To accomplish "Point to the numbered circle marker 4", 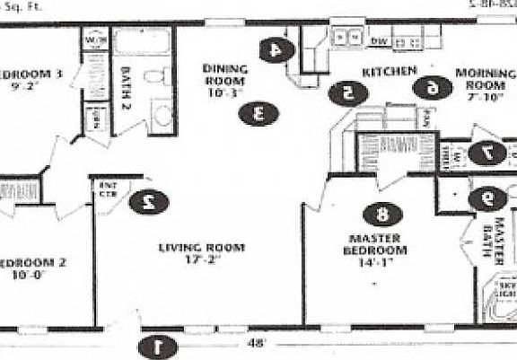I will pyautogui.click(x=276, y=50).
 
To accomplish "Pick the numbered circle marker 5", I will pyautogui.click(x=346, y=92).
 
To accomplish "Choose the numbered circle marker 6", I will pyautogui.click(x=432, y=87).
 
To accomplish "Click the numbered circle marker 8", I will pyautogui.click(x=382, y=214).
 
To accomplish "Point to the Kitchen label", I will pyautogui.click(x=389, y=69).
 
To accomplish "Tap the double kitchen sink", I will pyautogui.click(x=345, y=38).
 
